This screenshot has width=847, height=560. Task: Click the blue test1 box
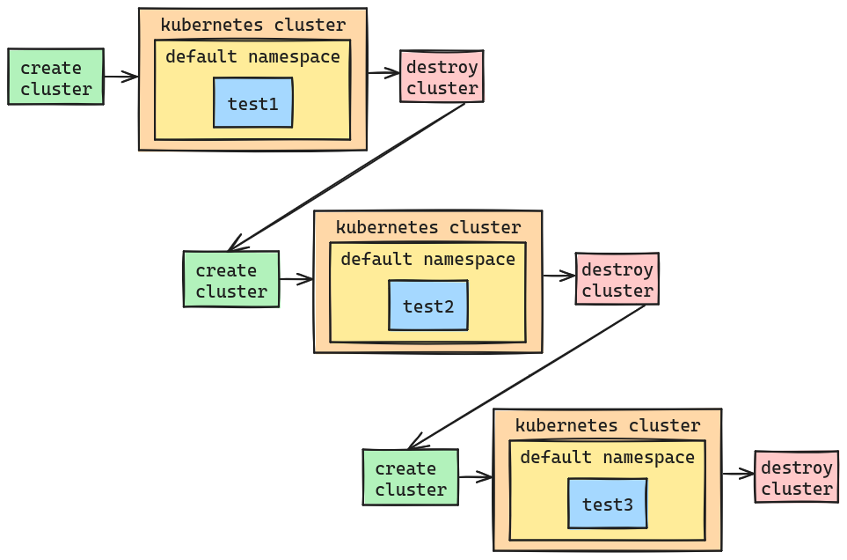click(253, 103)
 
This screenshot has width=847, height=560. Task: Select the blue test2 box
click(428, 306)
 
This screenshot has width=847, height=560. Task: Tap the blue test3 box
click(607, 504)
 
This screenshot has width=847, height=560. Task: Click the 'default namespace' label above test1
click(252, 57)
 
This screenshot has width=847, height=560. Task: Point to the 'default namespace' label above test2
click(427, 260)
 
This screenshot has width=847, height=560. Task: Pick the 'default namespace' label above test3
click(607, 458)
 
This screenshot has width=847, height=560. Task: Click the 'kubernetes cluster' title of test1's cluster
click(252, 25)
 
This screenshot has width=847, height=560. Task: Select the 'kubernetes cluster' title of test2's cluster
click(427, 227)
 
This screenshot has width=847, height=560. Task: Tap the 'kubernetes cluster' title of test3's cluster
click(607, 425)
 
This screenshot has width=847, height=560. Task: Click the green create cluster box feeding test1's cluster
click(55, 77)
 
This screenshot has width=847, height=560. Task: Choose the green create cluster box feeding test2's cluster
click(231, 280)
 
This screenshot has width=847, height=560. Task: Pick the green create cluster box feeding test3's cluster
click(411, 478)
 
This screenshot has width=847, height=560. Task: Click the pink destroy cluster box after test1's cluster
click(442, 77)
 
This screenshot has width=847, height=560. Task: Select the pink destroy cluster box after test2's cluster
click(617, 280)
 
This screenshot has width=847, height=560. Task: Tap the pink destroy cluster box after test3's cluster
click(796, 478)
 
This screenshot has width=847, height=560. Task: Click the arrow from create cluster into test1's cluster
click(120, 77)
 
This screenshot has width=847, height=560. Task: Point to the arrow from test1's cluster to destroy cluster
click(383, 73)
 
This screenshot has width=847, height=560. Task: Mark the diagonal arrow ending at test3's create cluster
click(526, 378)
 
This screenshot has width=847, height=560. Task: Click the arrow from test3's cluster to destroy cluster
click(738, 475)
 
